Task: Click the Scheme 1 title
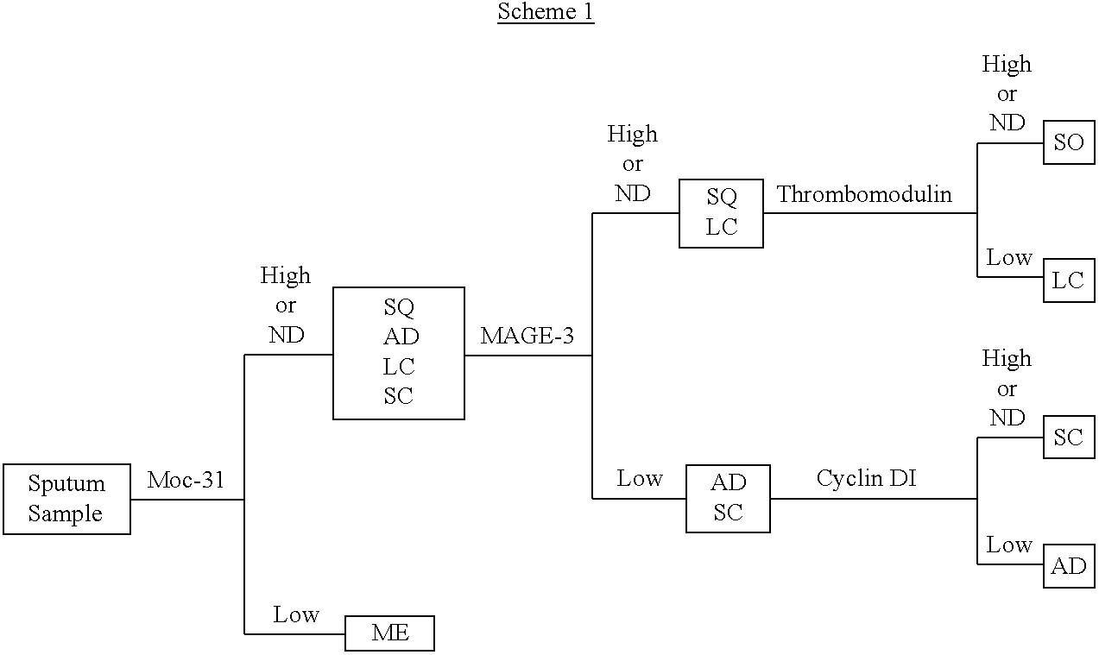[546, 12]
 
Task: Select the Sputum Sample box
[66, 499]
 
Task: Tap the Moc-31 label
[186, 480]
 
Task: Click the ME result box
[389, 633]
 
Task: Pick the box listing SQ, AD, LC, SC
[399, 353]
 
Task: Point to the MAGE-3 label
[527, 336]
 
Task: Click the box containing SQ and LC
[721, 213]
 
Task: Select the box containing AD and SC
[728, 498]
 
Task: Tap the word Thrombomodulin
[864, 194]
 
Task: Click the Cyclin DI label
[866, 478]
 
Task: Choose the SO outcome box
[1069, 142]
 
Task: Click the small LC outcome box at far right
[1069, 280]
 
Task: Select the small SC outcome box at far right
[1069, 438]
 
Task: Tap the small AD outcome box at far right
[1069, 566]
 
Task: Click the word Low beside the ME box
[296, 614]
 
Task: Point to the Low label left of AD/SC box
[640, 479]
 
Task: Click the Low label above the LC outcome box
[1009, 257]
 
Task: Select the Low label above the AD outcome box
[1009, 545]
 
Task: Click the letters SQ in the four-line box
[399, 307]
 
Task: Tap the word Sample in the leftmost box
[66, 513]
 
